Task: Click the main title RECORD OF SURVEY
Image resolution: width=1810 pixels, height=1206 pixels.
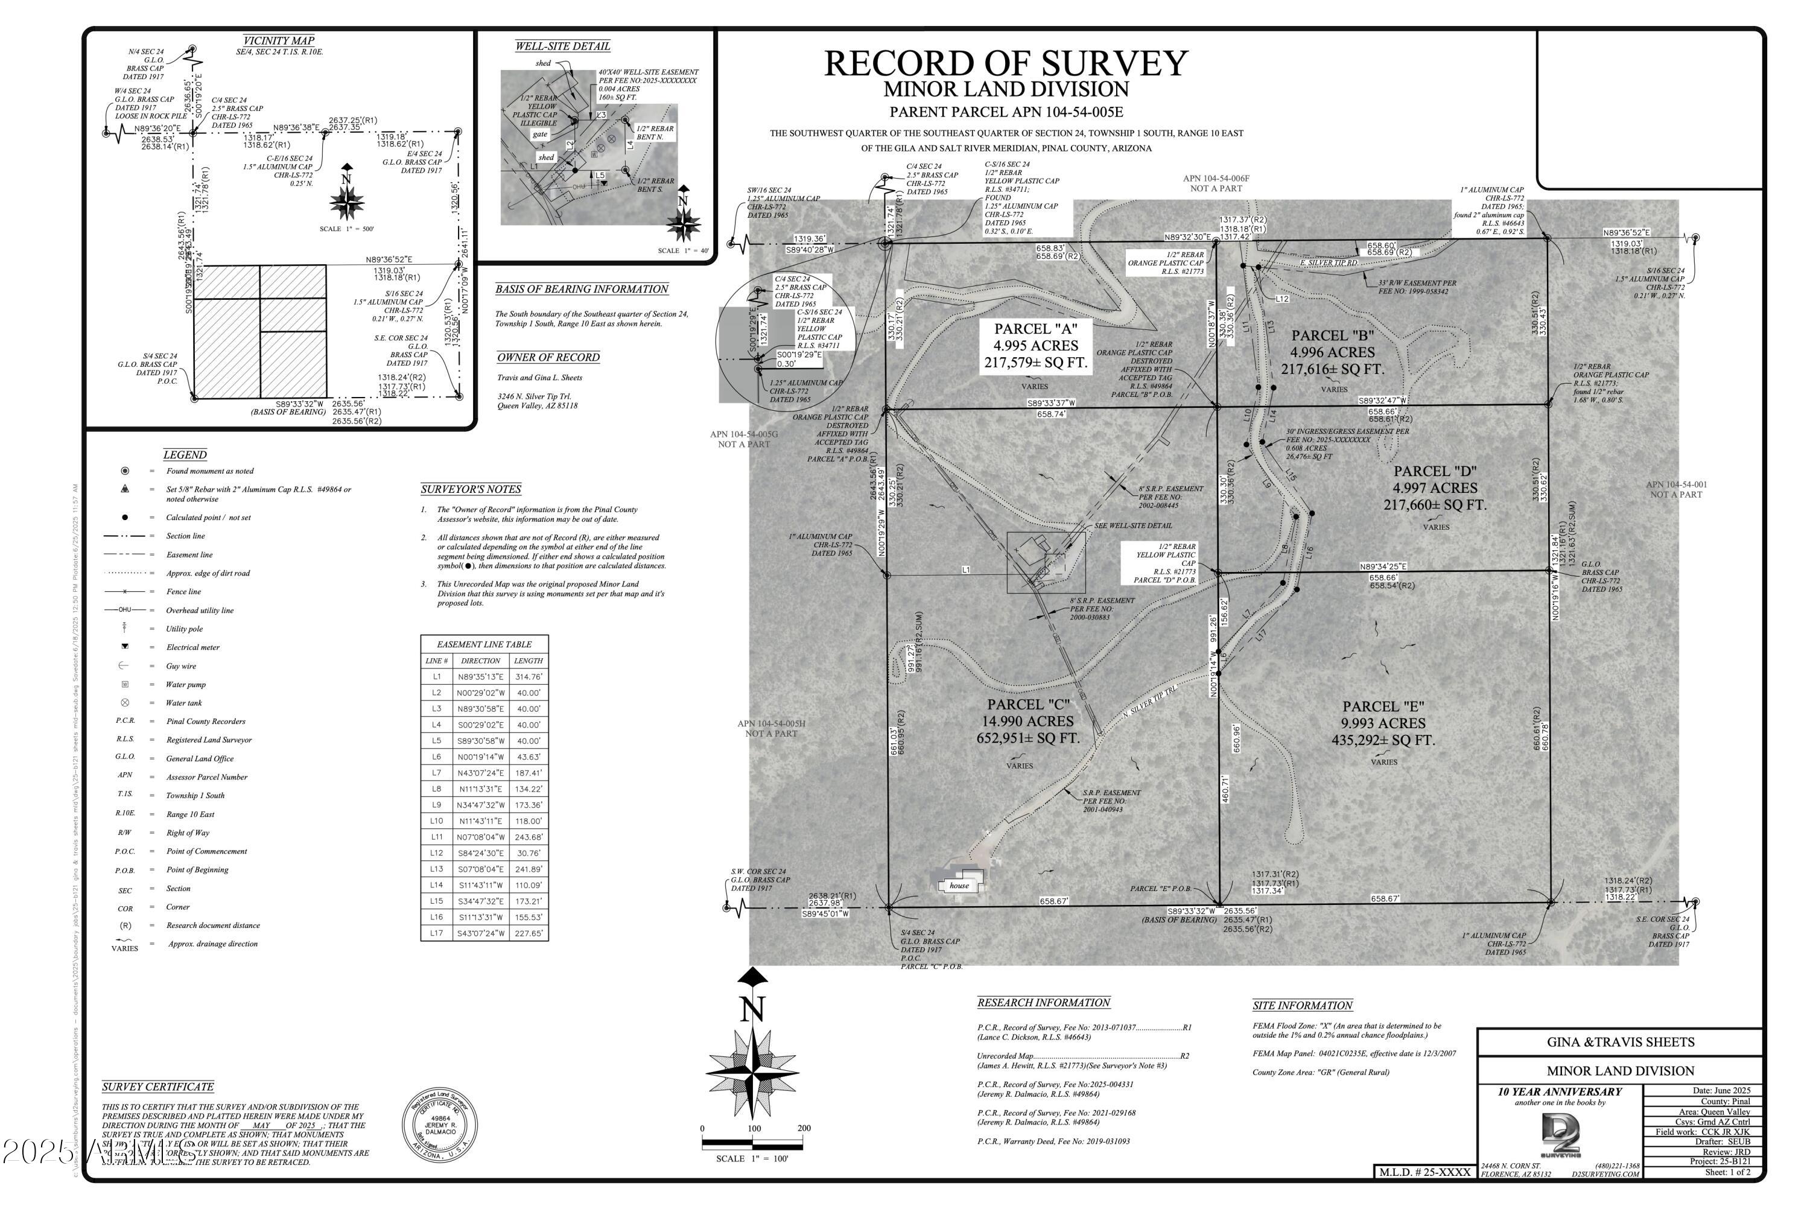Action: [1005, 63]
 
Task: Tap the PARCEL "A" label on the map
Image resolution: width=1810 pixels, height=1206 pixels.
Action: [1035, 329]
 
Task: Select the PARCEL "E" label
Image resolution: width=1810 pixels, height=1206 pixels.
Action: [1383, 706]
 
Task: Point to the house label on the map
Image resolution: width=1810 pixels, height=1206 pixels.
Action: [959, 885]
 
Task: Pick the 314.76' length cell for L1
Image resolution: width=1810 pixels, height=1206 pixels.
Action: [529, 677]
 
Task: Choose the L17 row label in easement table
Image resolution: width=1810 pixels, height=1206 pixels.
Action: [436, 933]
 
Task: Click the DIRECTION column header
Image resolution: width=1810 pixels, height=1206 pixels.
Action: [481, 661]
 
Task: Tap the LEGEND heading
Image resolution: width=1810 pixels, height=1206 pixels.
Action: [185, 454]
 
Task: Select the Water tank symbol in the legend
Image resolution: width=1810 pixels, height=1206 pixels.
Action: [125, 703]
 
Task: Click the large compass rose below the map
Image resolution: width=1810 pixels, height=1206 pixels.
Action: [752, 1070]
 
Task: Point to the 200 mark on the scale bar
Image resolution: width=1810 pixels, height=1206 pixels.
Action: [803, 1128]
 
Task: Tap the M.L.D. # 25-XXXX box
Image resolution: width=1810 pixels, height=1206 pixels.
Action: [1423, 1172]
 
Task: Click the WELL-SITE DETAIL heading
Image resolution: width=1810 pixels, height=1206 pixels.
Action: [562, 46]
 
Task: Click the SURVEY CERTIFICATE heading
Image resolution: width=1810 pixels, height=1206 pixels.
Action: [157, 1087]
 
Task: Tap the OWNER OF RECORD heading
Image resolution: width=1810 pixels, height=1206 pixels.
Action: [548, 357]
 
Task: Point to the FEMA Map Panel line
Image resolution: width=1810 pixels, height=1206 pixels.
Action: [1354, 1054]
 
